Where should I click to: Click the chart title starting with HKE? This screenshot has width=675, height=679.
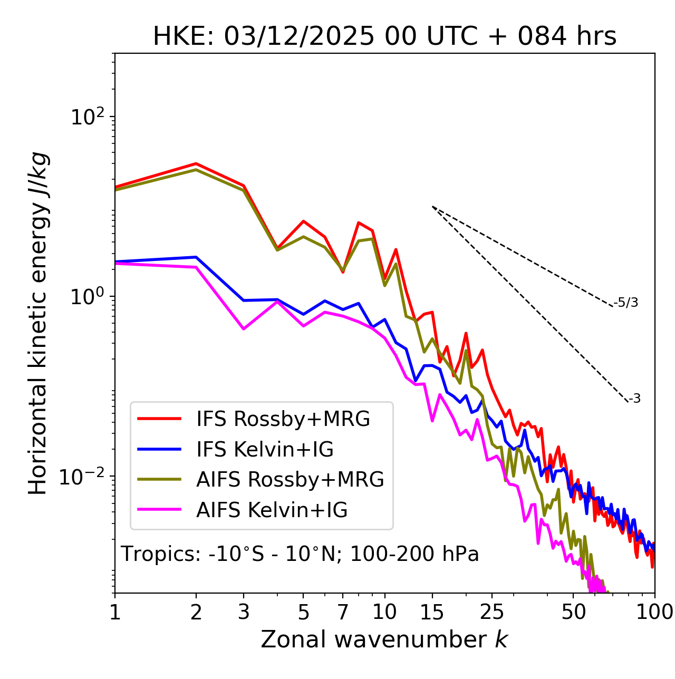pos(384,36)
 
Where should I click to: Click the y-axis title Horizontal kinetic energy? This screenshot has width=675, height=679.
pos(38,324)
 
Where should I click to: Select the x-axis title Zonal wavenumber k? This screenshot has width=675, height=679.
pos(384,639)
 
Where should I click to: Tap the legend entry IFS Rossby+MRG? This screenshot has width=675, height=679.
pos(283,419)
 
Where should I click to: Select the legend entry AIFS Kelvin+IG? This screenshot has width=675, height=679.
pos(272,510)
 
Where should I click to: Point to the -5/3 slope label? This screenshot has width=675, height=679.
pos(626,303)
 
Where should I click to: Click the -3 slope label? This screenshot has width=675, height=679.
pos(634,399)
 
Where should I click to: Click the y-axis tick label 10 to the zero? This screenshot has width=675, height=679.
pos(88,296)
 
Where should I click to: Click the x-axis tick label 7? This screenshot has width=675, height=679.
pos(343,612)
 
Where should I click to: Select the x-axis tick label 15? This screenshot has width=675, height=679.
pos(432,612)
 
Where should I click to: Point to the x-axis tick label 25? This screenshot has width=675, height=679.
pos(492,612)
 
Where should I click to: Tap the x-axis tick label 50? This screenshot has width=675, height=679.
pos(574,612)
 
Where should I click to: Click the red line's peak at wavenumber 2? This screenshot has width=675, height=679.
pos(196,163)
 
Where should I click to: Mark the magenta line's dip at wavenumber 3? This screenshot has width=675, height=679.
pos(244,329)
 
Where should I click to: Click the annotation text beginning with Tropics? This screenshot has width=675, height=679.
pos(300,554)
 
